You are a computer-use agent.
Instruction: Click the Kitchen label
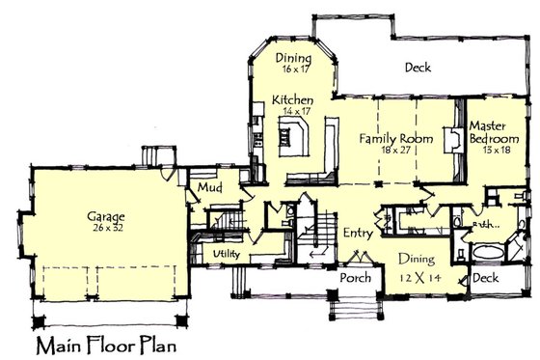click(290, 100)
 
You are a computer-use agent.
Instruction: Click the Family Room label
click(392, 139)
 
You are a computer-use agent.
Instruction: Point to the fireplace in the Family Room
click(449, 140)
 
